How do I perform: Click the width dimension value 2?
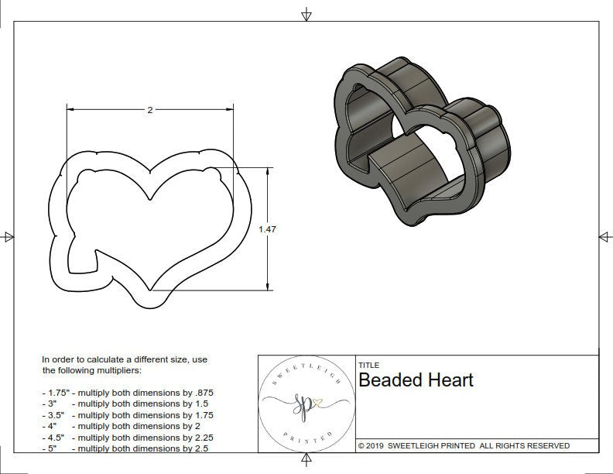point(149,110)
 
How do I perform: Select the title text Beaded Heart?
point(416,380)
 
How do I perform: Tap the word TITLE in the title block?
point(368,365)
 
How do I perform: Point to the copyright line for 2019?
point(464,445)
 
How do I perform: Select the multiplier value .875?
point(201,393)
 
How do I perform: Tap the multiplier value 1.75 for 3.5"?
point(201,415)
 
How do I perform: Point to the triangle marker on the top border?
point(306,14)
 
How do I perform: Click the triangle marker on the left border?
point(9,236)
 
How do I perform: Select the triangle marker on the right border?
point(604,236)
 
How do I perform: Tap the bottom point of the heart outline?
point(149,291)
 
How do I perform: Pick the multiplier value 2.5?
point(199,448)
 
